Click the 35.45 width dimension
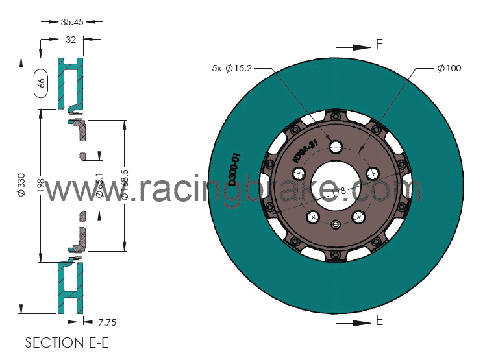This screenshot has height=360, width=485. pos(71,21)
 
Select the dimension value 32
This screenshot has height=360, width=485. pos(71,40)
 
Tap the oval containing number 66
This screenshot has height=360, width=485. pos(40,82)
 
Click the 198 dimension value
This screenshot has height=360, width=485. pos(41,187)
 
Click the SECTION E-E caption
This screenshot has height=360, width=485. pos(63,342)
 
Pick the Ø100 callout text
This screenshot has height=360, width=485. pos(449,67)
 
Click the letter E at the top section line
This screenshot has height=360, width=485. pos(379,45)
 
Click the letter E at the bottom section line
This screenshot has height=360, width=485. pos(379,320)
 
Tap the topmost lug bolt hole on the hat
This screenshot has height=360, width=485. pos(336,147)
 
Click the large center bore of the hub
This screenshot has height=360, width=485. pos(336,184)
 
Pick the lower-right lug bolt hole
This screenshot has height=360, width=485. pos(358,216)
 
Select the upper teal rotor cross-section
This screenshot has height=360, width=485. pos(71,83)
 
